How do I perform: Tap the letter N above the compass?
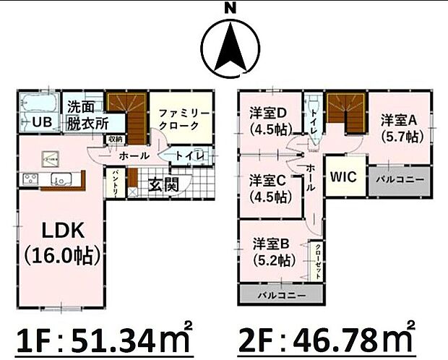(230, 8)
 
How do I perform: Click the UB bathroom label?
(40, 122)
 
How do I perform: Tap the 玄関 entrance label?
(164, 184)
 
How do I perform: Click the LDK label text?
(63, 232)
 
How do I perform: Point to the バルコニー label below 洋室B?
(282, 296)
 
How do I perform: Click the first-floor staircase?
(126, 112)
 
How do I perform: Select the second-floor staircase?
(345, 113)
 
